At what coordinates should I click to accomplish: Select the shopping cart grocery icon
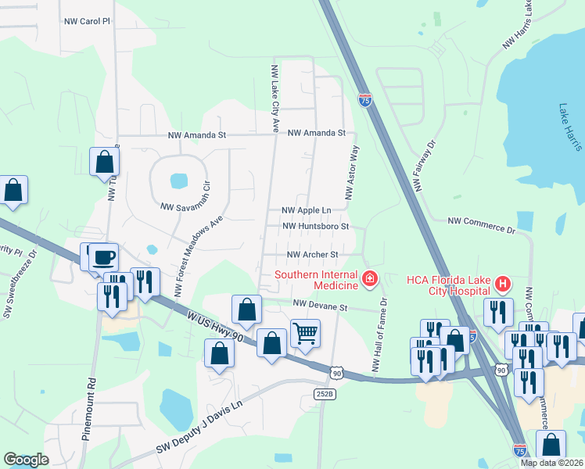point(305,334)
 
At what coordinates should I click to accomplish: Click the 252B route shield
point(326,394)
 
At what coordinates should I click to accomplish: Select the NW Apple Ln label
point(306,211)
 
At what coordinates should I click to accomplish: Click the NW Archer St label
point(312,255)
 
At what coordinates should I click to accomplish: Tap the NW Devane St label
point(319,307)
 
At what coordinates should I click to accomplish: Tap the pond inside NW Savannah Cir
point(179,181)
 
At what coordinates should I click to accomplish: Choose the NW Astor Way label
point(352,171)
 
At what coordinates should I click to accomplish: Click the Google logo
point(26,460)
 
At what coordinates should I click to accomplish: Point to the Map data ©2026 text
point(551,463)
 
